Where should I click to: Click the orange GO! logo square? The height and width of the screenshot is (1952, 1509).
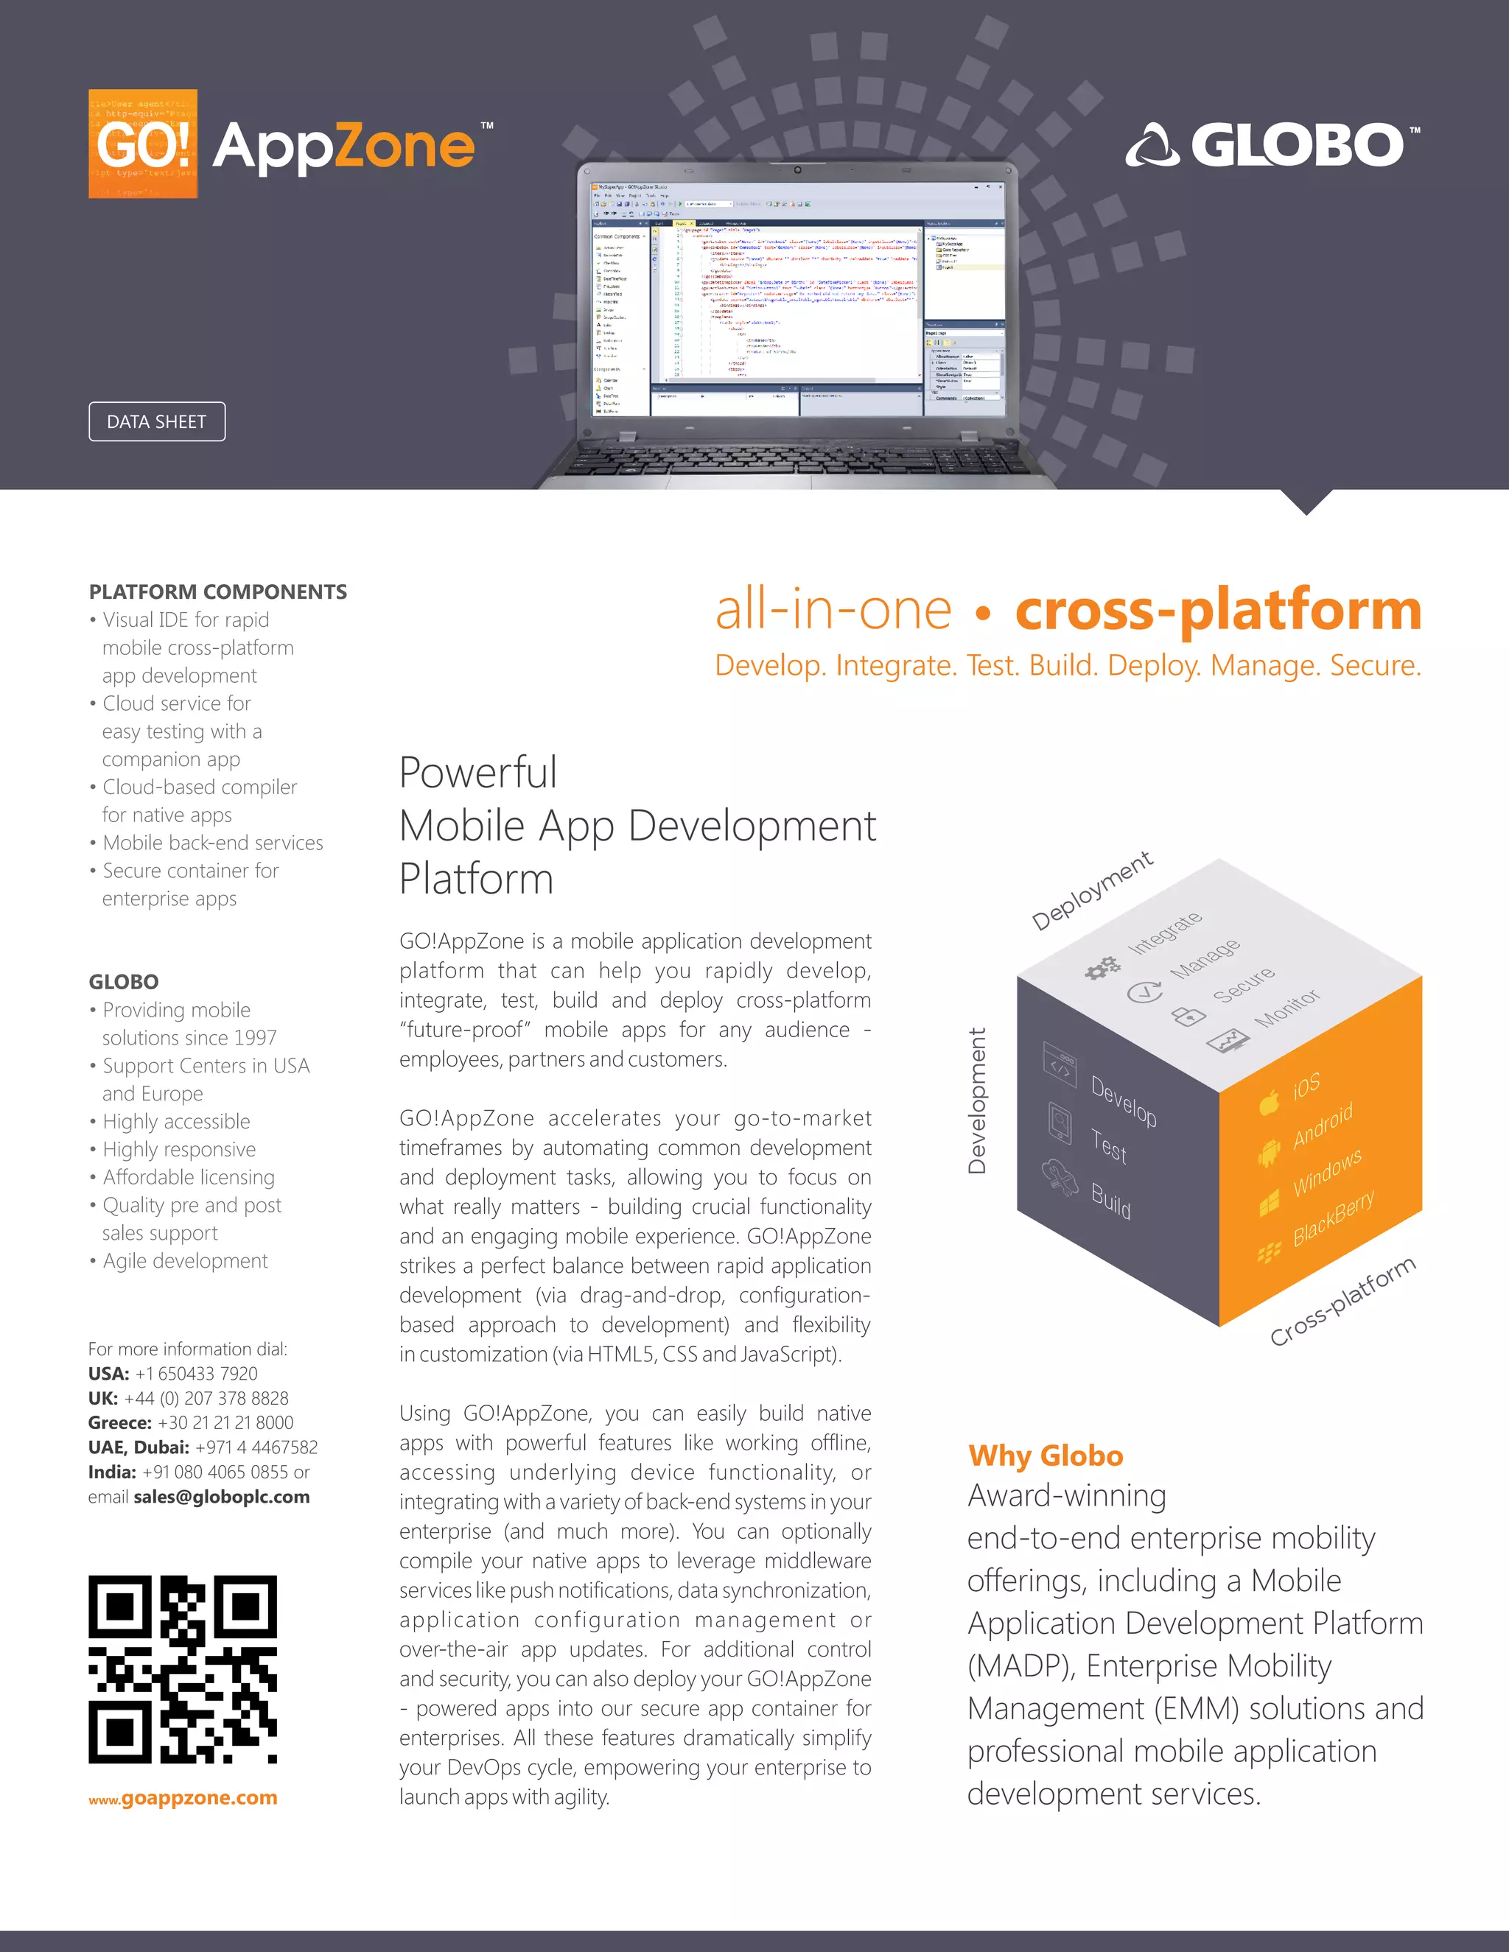[x=143, y=144]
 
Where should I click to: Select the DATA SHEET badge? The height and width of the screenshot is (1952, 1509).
[x=156, y=422]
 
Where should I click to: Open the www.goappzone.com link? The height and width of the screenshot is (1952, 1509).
[x=183, y=1797]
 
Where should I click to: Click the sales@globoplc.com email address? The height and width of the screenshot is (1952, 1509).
[x=222, y=1497]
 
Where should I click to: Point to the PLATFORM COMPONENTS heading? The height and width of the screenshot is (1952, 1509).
[x=217, y=591]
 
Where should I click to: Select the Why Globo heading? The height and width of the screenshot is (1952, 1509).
[x=1045, y=1455]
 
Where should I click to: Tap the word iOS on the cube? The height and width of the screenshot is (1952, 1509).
[x=1306, y=1086]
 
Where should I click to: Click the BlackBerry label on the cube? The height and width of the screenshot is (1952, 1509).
[x=1333, y=1218]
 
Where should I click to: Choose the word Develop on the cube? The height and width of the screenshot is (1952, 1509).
[x=1124, y=1101]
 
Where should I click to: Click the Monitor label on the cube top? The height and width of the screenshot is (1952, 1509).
[x=1286, y=1008]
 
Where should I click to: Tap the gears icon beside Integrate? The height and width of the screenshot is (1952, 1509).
[x=1102, y=967]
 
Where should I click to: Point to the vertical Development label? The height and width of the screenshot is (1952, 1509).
[x=977, y=1100]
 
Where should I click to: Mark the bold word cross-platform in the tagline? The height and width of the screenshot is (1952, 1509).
[x=1217, y=611]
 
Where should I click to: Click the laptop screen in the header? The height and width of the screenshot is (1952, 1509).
[x=797, y=295]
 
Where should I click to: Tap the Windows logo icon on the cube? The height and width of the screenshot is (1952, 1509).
[x=1269, y=1204]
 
